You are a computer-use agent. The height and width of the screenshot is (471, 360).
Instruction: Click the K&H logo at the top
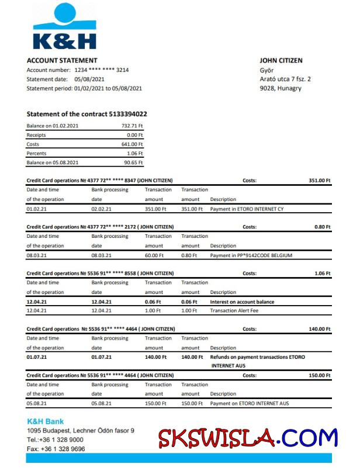click(x=64, y=27)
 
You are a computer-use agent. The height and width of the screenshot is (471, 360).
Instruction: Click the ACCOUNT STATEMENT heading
click(x=62, y=61)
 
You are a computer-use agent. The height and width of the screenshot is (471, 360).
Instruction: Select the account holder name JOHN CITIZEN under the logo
click(x=281, y=61)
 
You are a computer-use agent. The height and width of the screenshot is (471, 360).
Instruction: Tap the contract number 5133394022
click(x=128, y=114)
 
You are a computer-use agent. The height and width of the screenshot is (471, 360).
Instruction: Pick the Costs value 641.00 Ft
click(x=132, y=144)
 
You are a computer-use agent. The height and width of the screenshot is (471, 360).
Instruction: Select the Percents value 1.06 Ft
click(x=134, y=154)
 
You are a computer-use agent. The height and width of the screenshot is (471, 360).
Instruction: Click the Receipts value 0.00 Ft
click(x=134, y=135)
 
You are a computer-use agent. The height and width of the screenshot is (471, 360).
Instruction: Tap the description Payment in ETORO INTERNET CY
click(x=247, y=209)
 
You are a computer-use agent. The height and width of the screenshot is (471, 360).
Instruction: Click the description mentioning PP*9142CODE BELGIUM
click(x=251, y=255)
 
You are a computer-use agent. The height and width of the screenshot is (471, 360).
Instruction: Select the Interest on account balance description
click(x=242, y=302)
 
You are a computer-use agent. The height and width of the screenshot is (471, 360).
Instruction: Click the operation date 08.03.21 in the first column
click(x=37, y=255)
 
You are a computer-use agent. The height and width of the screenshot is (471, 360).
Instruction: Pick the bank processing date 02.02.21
click(x=101, y=209)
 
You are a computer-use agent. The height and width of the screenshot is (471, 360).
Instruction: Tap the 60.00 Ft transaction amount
click(x=155, y=255)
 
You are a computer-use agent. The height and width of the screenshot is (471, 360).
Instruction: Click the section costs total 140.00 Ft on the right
click(x=320, y=330)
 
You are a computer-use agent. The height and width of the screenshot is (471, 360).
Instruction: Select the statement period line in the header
click(x=84, y=88)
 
